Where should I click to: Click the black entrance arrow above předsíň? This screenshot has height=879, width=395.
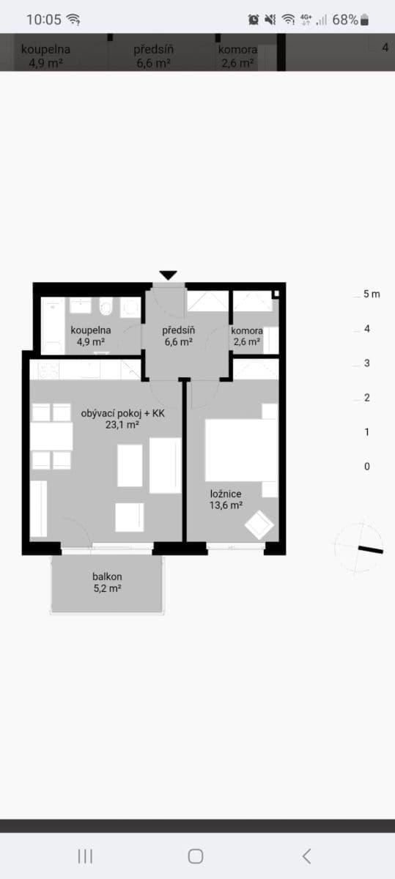(x=169, y=275)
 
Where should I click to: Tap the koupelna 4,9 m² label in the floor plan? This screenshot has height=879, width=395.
(x=91, y=335)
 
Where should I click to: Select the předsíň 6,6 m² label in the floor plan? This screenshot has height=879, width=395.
(x=178, y=335)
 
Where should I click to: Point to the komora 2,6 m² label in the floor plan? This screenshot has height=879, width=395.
(x=247, y=335)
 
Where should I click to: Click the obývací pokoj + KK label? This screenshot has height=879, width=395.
(x=122, y=419)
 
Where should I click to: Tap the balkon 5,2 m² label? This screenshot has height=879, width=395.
(x=107, y=582)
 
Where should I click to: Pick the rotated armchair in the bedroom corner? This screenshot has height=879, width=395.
(x=259, y=525)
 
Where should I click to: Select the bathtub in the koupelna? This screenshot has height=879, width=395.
(x=51, y=325)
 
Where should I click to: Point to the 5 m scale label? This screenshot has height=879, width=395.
(x=372, y=294)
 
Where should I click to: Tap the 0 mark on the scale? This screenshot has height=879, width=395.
(x=367, y=467)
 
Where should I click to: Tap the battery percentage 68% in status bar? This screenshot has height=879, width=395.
(x=345, y=20)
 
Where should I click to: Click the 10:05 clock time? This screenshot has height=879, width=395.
(x=44, y=20)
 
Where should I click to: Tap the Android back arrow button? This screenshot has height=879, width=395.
(x=306, y=856)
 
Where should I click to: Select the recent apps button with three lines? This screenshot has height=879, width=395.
(x=85, y=856)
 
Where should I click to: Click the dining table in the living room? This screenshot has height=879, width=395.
(x=51, y=437)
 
